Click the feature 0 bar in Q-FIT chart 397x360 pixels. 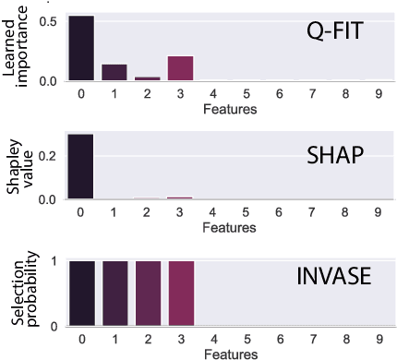[80, 48]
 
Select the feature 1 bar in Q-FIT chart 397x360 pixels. [114, 73]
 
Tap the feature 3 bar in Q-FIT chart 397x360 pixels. [181, 69]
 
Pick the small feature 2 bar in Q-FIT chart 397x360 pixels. [148, 78]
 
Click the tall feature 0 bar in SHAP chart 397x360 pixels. [80, 166]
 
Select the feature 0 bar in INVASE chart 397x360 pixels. [80, 294]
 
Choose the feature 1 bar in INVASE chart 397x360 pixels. [114, 294]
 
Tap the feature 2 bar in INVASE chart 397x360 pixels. [148, 294]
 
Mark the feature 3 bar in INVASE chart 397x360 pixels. [181, 294]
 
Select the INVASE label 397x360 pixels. [333, 276]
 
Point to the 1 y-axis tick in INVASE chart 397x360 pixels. [56, 261]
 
